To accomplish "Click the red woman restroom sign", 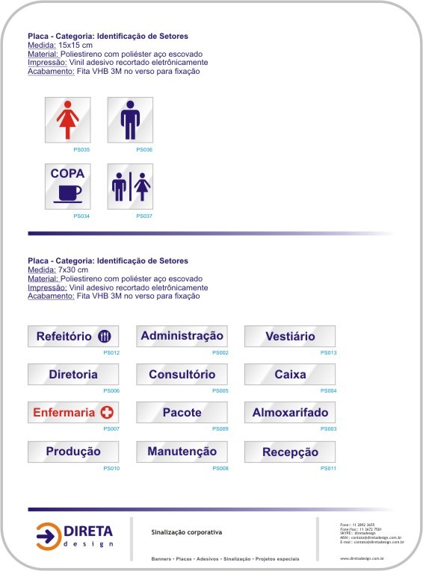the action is pyautogui.click(x=67, y=120).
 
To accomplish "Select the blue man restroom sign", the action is pyautogui.click(x=130, y=120).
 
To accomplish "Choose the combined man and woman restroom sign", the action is pyautogui.click(x=130, y=187).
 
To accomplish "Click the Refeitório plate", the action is pyautogui.click(x=73, y=336).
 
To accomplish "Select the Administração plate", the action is pyautogui.click(x=182, y=336).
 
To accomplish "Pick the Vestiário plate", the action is pyautogui.click(x=290, y=336).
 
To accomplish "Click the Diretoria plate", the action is pyautogui.click(x=73, y=375).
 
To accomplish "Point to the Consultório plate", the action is pyautogui.click(x=182, y=375).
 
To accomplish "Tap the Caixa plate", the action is pyautogui.click(x=290, y=375).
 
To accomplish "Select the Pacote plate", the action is pyautogui.click(x=182, y=413).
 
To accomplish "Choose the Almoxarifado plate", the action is pyautogui.click(x=290, y=413).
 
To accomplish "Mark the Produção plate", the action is pyautogui.click(x=73, y=452).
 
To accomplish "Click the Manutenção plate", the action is pyautogui.click(x=182, y=452).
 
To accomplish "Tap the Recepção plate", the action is pyautogui.click(x=290, y=452).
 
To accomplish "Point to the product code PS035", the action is pyautogui.click(x=81, y=150).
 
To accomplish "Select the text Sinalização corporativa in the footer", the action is pyautogui.click(x=187, y=532).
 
